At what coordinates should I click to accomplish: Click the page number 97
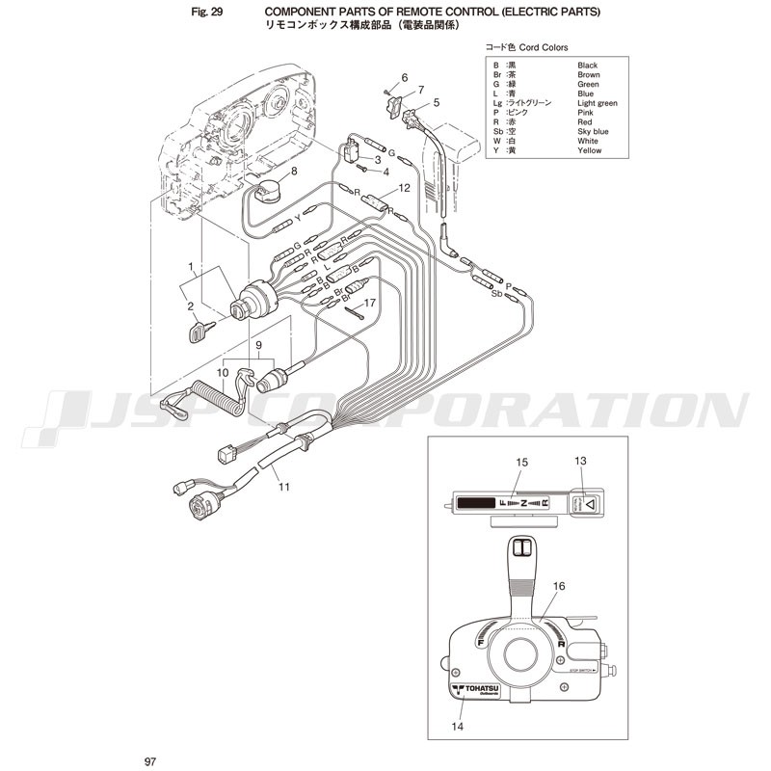(x=149, y=762)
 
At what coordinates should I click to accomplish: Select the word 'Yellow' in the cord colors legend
(x=589, y=150)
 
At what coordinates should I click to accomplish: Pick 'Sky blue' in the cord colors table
(x=593, y=131)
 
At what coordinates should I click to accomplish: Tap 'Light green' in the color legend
(x=598, y=103)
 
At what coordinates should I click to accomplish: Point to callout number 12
(x=405, y=189)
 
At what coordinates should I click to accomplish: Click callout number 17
(x=369, y=304)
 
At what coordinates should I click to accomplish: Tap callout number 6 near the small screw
(x=405, y=77)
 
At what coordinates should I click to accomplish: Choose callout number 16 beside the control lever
(x=559, y=585)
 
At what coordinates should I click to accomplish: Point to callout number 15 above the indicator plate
(x=522, y=464)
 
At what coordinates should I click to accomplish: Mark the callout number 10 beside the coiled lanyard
(x=222, y=371)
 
